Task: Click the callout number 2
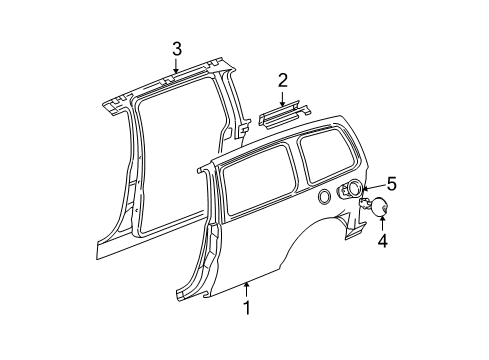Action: (283, 80)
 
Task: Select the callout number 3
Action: (176, 48)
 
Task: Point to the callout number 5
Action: (391, 184)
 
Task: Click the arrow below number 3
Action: (176, 68)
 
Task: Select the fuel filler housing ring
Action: (352, 190)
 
